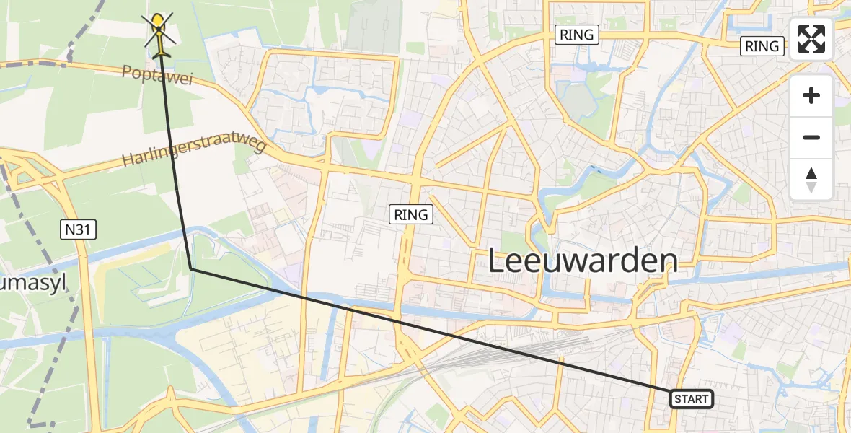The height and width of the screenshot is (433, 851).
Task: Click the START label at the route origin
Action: [692, 399]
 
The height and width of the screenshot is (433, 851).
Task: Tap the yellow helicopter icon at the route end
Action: [159, 36]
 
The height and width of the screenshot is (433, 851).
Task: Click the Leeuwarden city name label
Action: [583, 261]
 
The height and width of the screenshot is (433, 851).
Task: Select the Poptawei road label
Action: [157, 75]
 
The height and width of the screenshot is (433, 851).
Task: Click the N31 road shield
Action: [77, 230]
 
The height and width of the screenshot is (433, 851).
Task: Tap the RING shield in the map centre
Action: [411, 214]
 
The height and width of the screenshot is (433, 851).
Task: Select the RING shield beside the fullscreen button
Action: [762, 46]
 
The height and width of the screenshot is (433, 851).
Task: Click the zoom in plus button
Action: [811, 95]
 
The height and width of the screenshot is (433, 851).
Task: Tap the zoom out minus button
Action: [811, 137]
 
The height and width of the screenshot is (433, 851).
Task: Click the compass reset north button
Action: [811, 180]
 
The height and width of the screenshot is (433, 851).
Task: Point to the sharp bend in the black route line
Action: [191, 268]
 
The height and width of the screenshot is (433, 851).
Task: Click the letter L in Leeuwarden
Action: [498, 261]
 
